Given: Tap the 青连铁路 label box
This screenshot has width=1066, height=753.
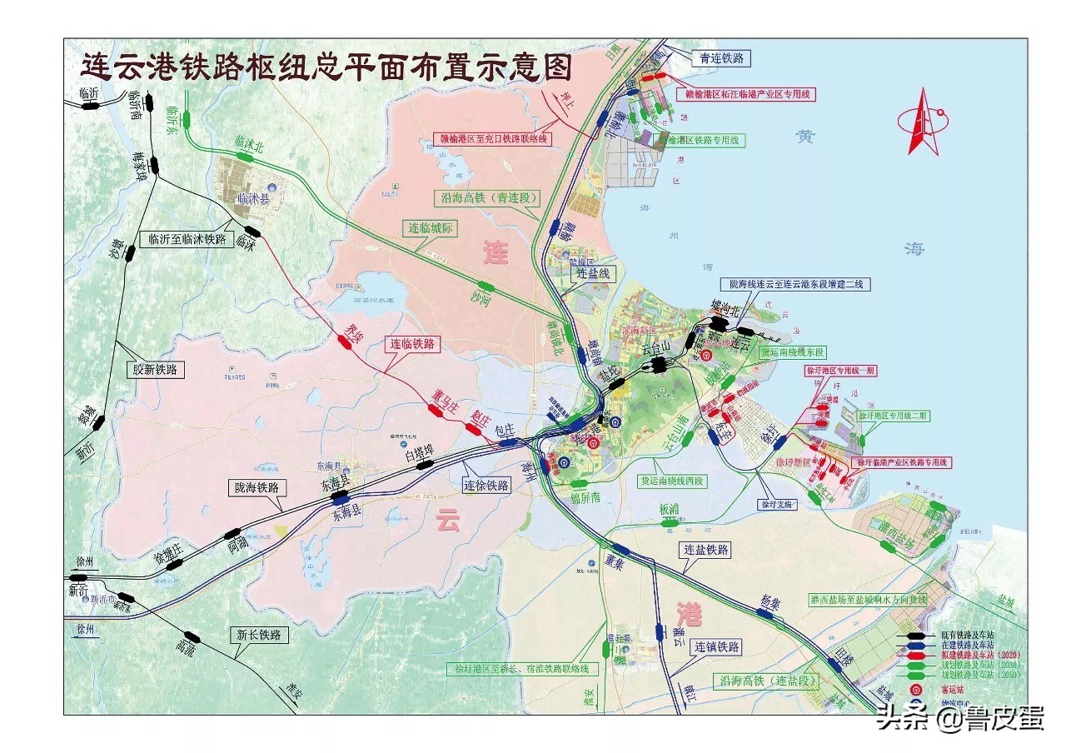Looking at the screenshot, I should pyautogui.click(x=721, y=58).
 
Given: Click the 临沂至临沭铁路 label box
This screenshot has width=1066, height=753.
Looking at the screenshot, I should pyautogui.click(x=187, y=239).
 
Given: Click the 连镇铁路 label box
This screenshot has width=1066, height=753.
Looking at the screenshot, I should pyautogui.click(x=717, y=646).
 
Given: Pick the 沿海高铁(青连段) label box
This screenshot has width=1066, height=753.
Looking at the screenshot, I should pyautogui.click(x=487, y=198).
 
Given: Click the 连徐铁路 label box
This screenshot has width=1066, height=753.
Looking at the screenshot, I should pyautogui.click(x=486, y=486).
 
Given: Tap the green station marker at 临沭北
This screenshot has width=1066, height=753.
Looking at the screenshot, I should pyautogui.click(x=247, y=162).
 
